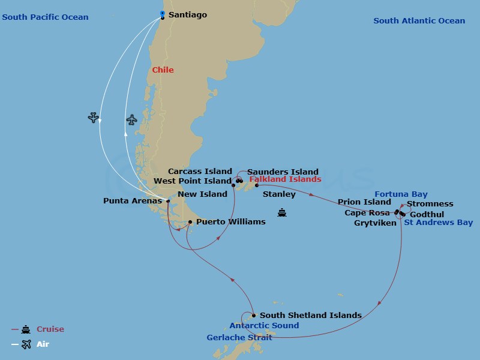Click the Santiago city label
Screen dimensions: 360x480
coord(188,14)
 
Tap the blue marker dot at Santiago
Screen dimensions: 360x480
coord(162,13)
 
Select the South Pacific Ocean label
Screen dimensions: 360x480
coord(45,17)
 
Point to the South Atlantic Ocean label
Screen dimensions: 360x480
coord(419,21)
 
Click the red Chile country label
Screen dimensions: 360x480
coord(163,70)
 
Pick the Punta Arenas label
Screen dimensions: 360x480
coord(133,201)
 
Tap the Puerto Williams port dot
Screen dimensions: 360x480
coord(190,222)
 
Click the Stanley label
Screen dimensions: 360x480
coord(279,194)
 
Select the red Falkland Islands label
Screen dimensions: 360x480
coord(285,179)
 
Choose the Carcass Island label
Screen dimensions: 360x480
coord(200,172)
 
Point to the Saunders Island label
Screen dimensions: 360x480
coord(283,172)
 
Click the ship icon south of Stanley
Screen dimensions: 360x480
coord(282,212)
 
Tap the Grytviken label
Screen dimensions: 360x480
coord(375,223)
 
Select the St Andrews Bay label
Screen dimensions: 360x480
coord(438,223)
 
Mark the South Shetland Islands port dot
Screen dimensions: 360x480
coord(254,316)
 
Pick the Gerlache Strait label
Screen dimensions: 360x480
coord(239,338)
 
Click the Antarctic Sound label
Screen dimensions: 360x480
coord(264,326)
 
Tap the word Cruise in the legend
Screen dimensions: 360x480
coord(50,329)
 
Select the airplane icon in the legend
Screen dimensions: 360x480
coord(26,344)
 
